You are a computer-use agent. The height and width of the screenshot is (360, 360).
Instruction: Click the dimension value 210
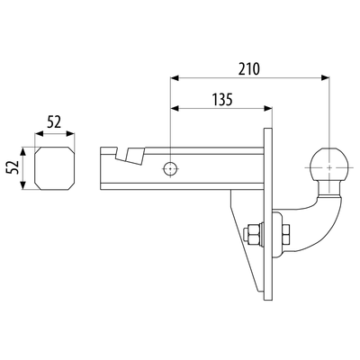pos(248,69)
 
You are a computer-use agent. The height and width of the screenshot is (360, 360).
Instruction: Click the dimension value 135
pos(222,100)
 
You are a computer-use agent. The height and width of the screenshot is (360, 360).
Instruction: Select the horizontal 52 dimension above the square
pos(54,122)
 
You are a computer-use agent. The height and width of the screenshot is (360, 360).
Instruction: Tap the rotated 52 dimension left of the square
pos(13,167)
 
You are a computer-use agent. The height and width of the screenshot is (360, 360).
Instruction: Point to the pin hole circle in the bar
pos(170,169)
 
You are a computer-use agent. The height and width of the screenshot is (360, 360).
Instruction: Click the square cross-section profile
pos(55,168)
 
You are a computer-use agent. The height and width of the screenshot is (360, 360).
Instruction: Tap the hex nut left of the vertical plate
pos(252,235)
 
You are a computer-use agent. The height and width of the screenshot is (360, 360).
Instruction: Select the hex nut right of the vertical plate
pos(285,233)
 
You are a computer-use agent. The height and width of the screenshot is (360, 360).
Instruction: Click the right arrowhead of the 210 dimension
pos(325,78)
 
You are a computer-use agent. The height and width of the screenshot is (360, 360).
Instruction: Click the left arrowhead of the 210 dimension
pos(175,78)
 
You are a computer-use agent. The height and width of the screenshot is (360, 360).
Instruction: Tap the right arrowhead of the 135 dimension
pos(267,109)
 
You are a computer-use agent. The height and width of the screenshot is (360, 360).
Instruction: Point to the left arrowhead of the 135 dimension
pos(175,109)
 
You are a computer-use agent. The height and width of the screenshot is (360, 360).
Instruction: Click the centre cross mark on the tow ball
pos(329,168)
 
